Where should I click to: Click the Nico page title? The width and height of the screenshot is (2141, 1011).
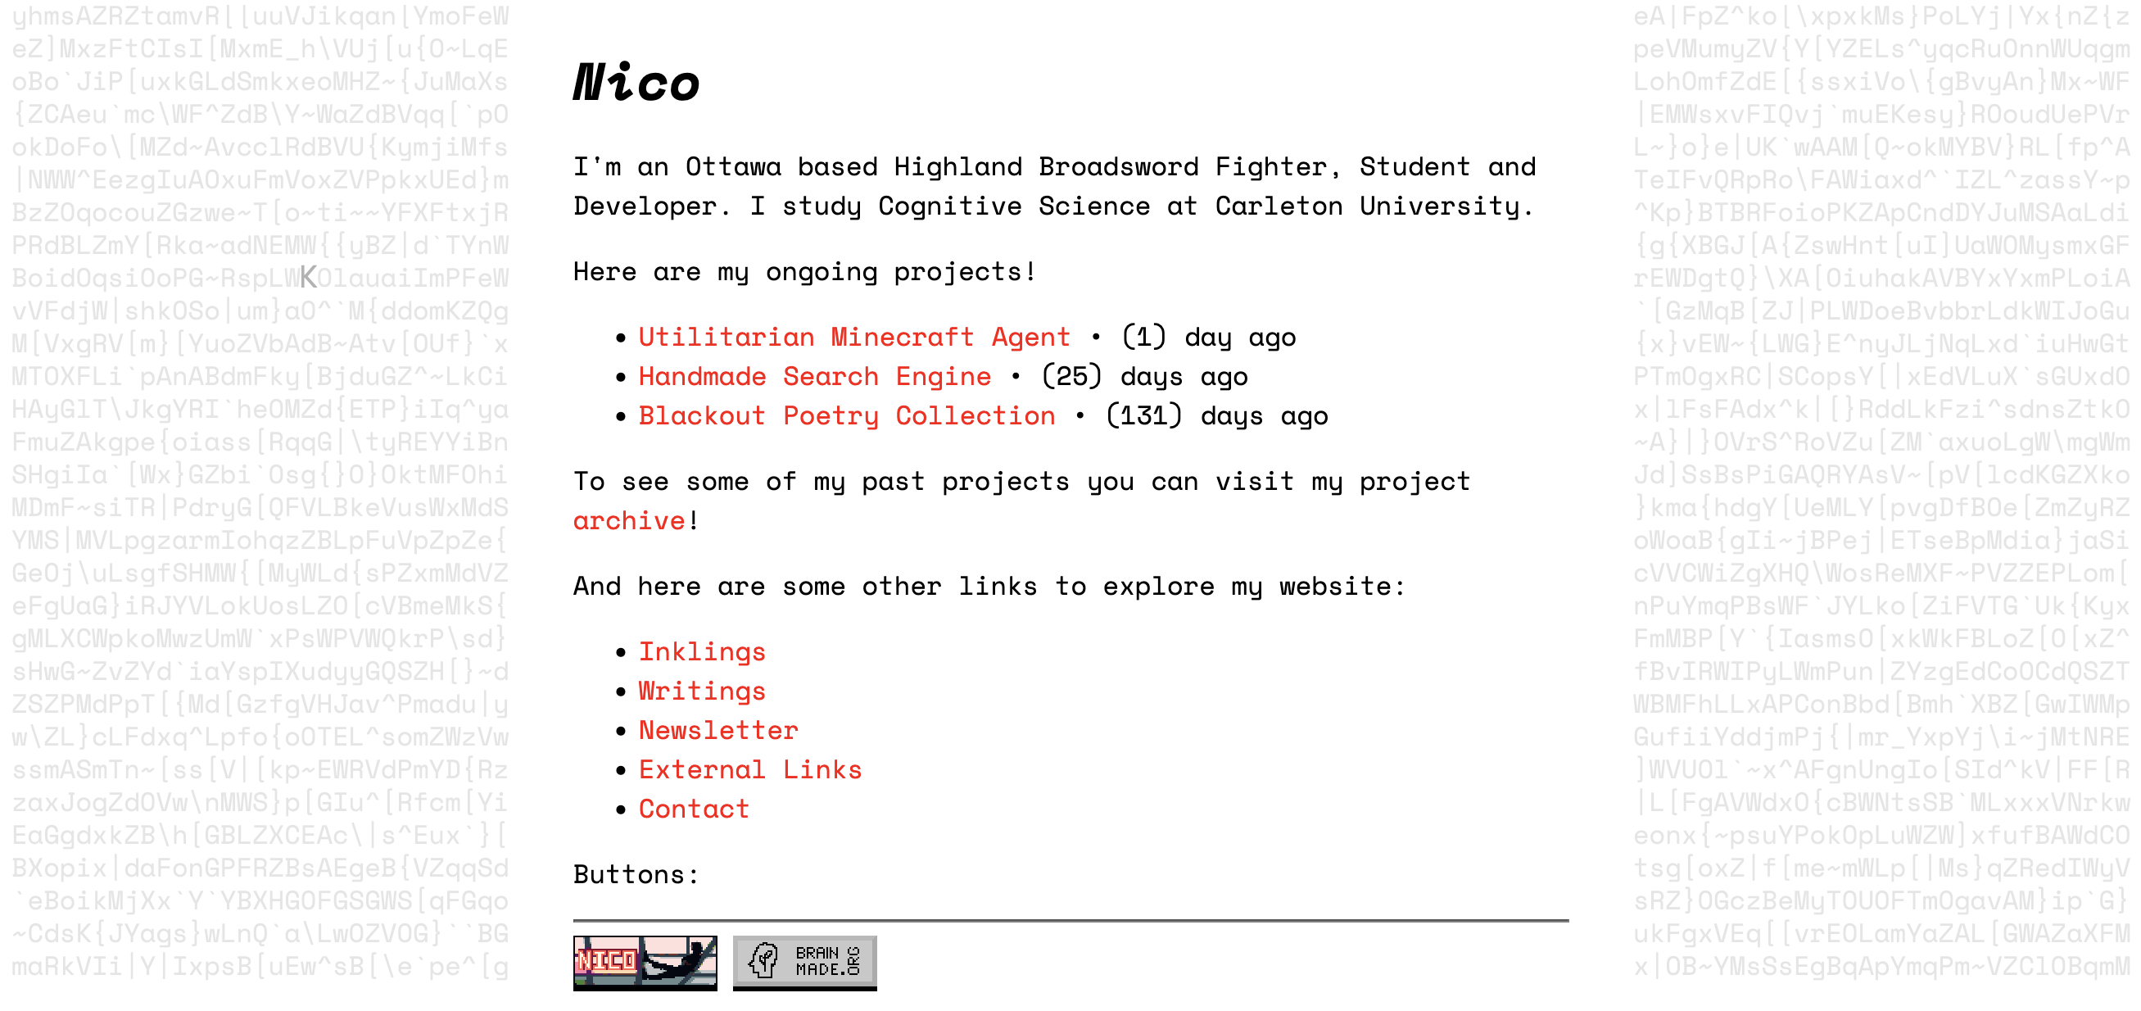(x=636, y=83)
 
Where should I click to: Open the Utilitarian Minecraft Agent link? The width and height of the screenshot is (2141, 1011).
(x=853, y=337)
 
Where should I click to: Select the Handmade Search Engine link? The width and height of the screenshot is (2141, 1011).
(x=813, y=377)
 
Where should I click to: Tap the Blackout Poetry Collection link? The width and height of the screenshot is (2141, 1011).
(x=846, y=415)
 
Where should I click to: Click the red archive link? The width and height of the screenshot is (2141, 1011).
(x=629, y=521)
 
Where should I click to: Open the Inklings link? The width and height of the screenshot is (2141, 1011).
(x=701, y=652)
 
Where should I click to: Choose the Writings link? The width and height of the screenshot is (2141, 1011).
(x=701, y=691)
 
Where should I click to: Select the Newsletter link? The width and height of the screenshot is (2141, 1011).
(x=718, y=730)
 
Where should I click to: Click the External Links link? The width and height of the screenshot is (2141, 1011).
(x=749, y=770)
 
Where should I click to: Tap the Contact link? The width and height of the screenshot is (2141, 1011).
(x=693, y=809)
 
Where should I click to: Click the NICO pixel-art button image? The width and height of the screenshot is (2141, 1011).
(x=645, y=962)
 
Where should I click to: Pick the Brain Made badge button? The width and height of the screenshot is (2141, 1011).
(x=804, y=962)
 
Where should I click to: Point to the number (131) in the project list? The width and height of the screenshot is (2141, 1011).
(x=1143, y=415)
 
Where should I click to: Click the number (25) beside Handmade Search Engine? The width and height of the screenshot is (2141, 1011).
(x=1071, y=377)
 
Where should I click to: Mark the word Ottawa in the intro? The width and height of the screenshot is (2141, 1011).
(x=733, y=167)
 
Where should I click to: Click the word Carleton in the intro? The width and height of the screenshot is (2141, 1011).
(x=1279, y=206)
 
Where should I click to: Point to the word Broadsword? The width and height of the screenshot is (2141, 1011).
(x=1118, y=167)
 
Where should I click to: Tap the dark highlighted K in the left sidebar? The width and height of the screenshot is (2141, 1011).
(x=308, y=278)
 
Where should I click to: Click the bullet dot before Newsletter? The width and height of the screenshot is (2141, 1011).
(x=620, y=731)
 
